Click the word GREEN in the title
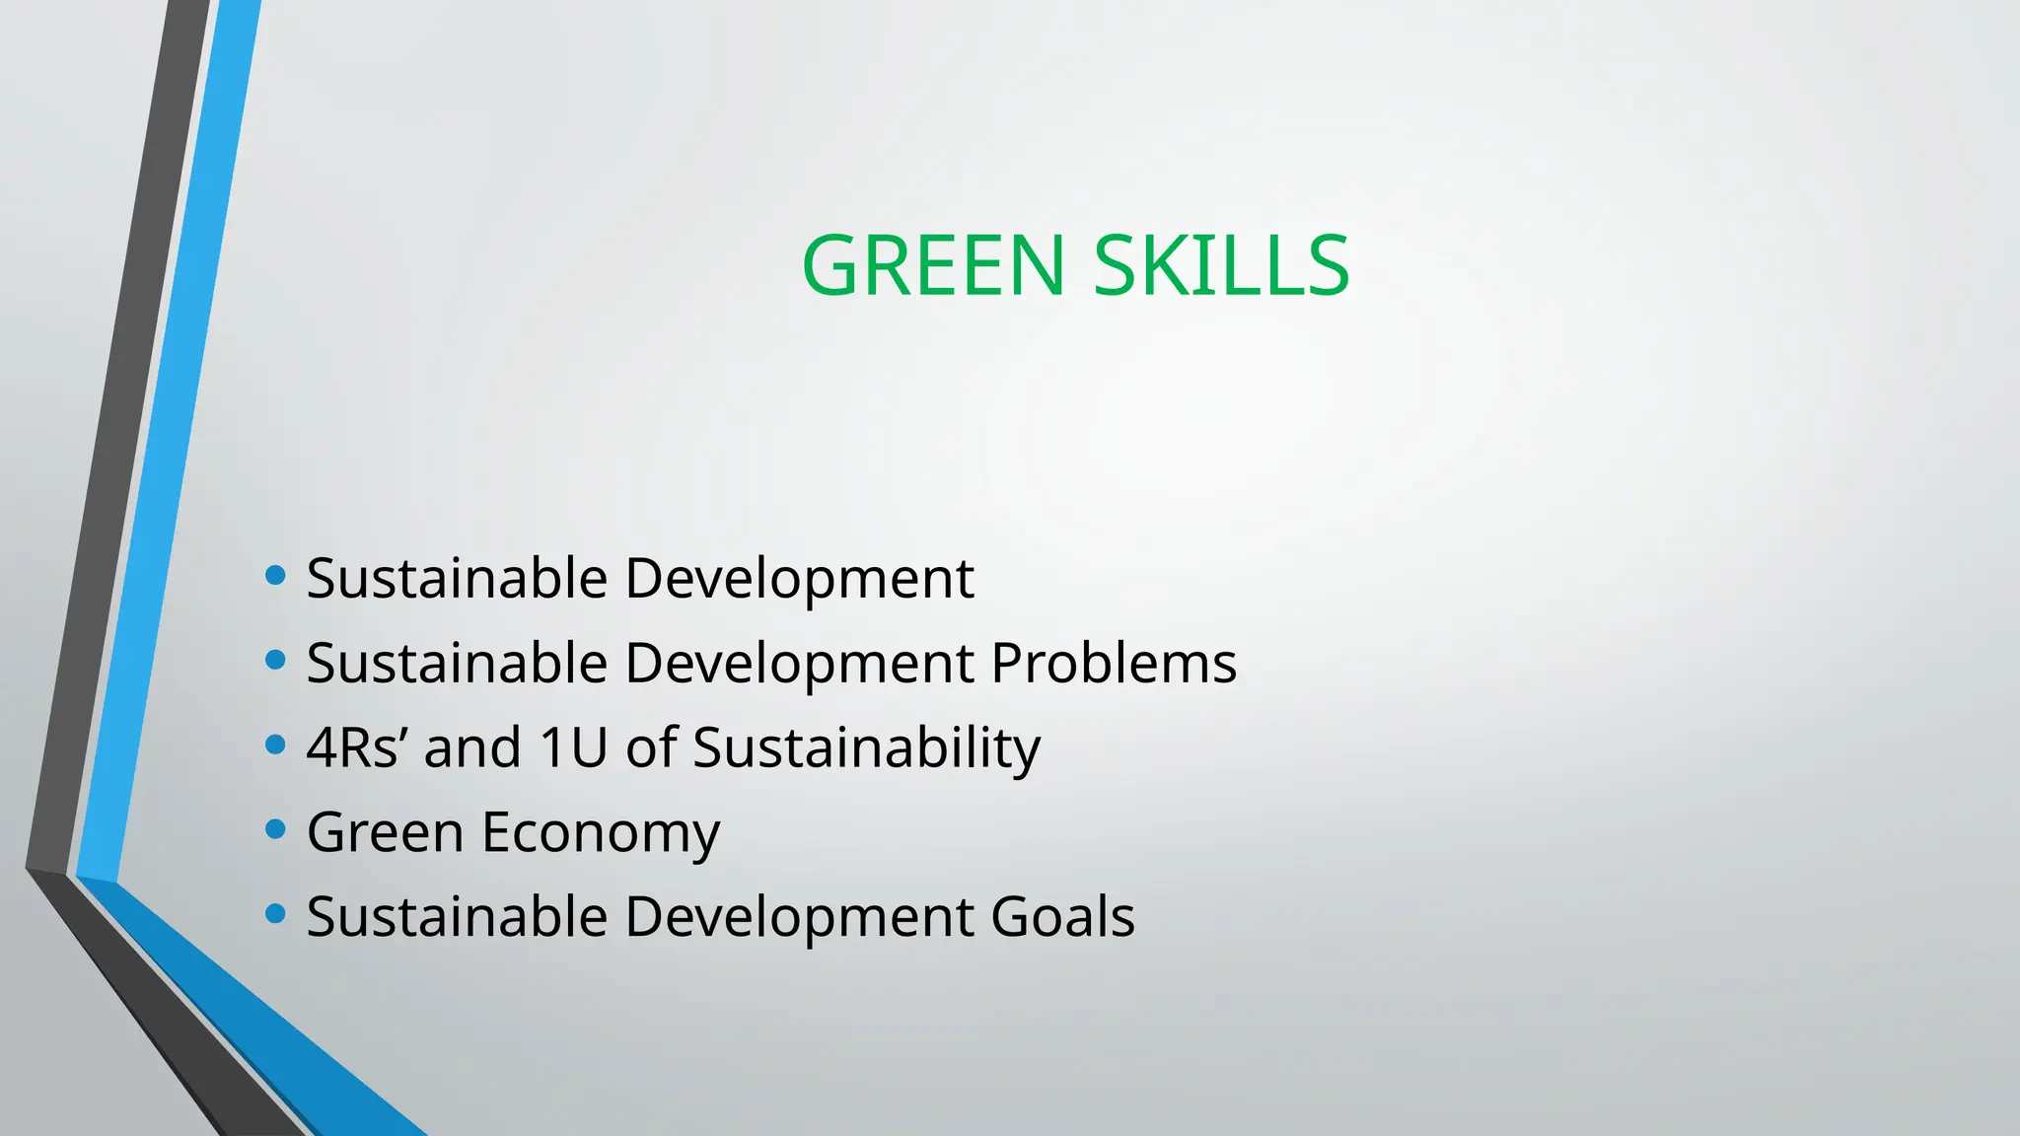(933, 265)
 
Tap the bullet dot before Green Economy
(276, 829)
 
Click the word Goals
(1062, 916)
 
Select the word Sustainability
(866, 748)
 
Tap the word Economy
(601, 833)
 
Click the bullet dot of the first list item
(276, 575)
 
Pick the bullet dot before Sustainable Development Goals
(276, 914)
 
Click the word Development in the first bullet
(799, 579)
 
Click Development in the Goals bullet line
(799, 918)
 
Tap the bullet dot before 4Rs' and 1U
(276, 745)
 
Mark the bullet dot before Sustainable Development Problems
(276, 660)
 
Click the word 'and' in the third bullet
(472, 746)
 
